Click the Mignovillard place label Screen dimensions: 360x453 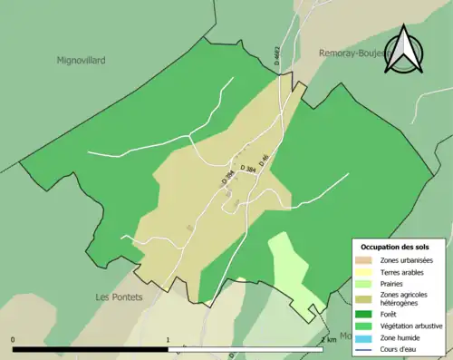pyautogui.click(x=82, y=60)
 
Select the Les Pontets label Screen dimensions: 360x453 pyautogui.click(x=120, y=297)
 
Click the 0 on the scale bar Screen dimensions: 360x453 pyautogui.click(x=13, y=340)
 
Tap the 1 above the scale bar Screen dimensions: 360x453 pyautogui.click(x=169, y=340)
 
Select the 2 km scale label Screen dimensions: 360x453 pyautogui.click(x=328, y=340)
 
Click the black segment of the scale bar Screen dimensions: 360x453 pyautogui.click(x=91, y=349)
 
